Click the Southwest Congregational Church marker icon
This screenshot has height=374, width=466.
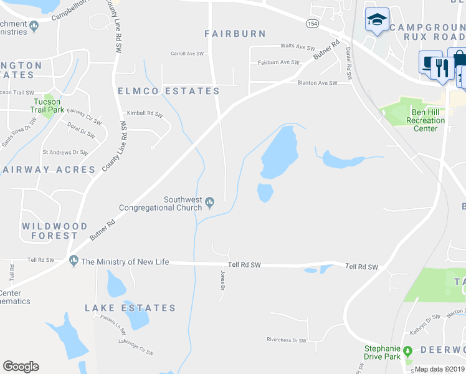pyautogui.click(x=210, y=201)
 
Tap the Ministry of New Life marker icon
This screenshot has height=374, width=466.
pyautogui.click(x=74, y=261)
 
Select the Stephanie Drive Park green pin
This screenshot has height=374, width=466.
pyautogui.click(x=408, y=350)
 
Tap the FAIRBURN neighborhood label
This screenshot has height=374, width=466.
pyautogui.click(x=235, y=34)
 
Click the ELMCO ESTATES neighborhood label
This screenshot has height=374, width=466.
pyautogui.click(x=169, y=91)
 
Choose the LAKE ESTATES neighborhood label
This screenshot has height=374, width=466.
pyautogui.click(x=130, y=308)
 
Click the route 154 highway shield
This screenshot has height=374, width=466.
pyautogui.click(x=312, y=23)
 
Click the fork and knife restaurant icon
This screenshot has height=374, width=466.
pyautogui.click(x=443, y=65)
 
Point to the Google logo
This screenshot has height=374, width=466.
pyautogui.click(x=21, y=367)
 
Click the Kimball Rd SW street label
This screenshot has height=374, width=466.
pyautogui.click(x=145, y=113)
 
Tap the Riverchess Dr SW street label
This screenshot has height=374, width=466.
pyautogui.click(x=287, y=340)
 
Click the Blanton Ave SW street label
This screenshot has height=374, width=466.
pyautogui.click(x=317, y=82)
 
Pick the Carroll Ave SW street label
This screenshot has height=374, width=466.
pyautogui.click(x=188, y=54)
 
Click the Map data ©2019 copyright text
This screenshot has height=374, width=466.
pyautogui.click(x=440, y=369)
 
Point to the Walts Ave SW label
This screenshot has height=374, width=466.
pyautogui.click(x=298, y=47)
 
